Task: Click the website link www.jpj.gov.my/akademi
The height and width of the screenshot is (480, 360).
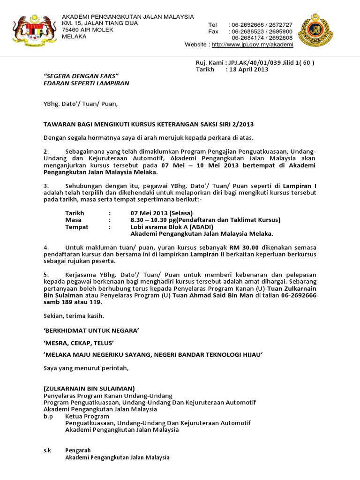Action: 252,45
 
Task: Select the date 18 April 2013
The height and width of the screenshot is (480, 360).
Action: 248,69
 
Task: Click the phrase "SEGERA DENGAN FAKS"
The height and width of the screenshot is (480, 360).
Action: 81,76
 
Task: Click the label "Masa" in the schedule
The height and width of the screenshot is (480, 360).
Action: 73,220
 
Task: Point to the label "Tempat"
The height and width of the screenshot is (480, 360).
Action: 76,227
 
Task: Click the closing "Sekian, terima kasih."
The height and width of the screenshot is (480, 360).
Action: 74,315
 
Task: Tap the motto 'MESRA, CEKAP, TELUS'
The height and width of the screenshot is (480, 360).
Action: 79,342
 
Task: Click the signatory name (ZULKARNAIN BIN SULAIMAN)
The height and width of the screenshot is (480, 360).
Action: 89,389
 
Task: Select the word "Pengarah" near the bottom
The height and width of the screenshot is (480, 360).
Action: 78,450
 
